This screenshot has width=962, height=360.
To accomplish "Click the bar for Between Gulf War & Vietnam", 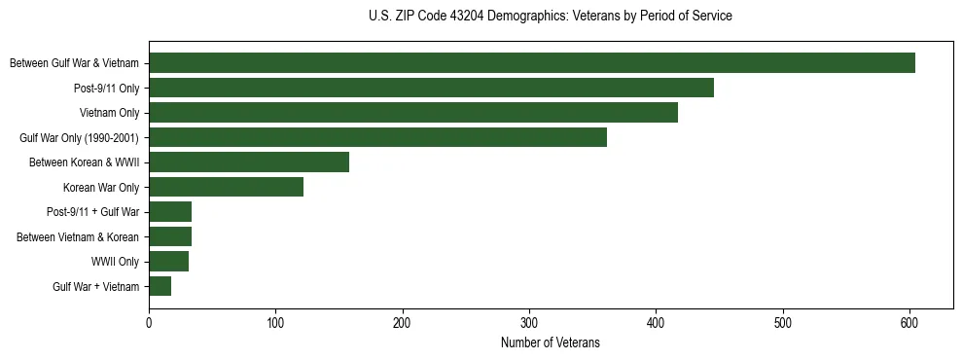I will [x=532, y=63].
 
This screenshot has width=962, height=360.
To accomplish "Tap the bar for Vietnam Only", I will [x=413, y=113].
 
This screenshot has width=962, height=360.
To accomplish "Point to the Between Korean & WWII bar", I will [x=249, y=162].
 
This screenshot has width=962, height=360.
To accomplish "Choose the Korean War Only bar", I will [x=226, y=187].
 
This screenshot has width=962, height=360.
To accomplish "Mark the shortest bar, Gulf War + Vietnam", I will [x=160, y=286].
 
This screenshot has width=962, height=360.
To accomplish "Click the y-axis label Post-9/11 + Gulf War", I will [x=93, y=212].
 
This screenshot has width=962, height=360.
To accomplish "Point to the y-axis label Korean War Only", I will [x=101, y=187].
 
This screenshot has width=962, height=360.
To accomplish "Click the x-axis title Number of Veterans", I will [x=551, y=342].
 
